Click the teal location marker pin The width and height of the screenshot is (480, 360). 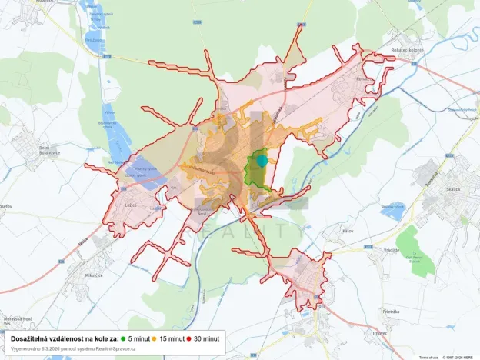pos(262,160)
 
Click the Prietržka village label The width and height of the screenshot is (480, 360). pos(392,311)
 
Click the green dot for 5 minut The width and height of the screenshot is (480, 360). pos(122,338)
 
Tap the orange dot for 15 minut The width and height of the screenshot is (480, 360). pos(155,338)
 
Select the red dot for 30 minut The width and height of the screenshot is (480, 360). pos(189,338)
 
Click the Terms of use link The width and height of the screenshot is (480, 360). pos(428,357)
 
